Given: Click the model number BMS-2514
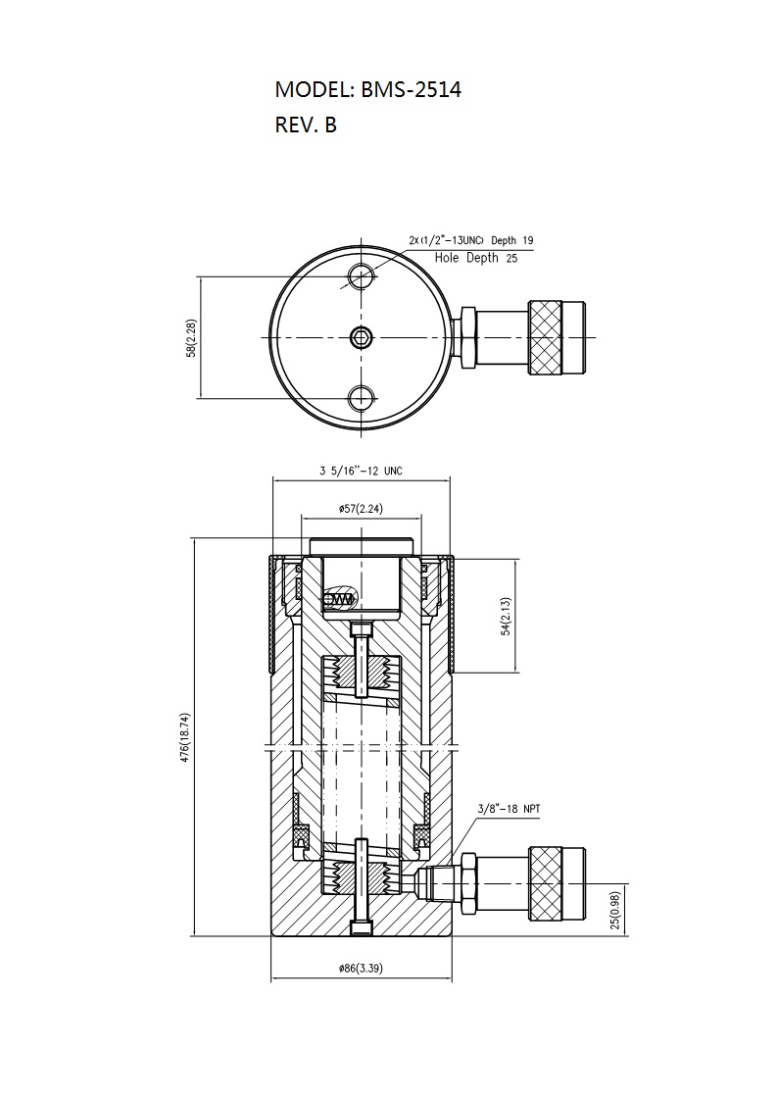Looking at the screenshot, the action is click(411, 90).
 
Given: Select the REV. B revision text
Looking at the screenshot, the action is click(306, 125).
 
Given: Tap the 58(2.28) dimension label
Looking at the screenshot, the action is click(191, 339).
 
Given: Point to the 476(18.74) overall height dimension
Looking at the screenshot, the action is click(185, 737).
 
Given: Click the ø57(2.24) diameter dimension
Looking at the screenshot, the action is click(361, 509).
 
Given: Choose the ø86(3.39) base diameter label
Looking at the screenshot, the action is click(361, 969).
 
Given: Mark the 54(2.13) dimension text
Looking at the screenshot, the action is click(506, 617).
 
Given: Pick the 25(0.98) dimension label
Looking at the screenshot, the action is click(615, 911).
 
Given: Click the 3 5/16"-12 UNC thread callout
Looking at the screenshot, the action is click(362, 471).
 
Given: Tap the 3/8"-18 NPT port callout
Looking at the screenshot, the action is click(510, 809).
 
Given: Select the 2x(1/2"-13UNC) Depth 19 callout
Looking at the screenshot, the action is click(471, 240).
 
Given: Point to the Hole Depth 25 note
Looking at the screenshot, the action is click(476, 258).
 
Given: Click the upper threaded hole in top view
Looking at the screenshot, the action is click(362, 275).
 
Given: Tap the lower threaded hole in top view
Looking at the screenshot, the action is click(362, 398).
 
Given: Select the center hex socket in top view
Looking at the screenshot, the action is click(362, 337).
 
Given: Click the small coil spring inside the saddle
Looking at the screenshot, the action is click(342, 598).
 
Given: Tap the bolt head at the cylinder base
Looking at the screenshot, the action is click(361, 927).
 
